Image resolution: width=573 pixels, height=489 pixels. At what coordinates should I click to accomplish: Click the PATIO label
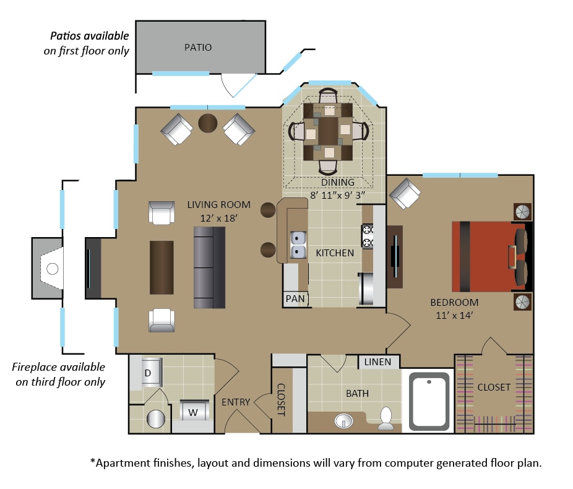[197, 48]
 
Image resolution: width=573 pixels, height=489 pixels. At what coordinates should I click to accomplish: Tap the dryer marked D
[151, 373]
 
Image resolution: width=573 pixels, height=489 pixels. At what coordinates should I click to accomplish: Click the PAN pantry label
[295, 299]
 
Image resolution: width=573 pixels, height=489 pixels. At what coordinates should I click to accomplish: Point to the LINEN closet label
[377, 362]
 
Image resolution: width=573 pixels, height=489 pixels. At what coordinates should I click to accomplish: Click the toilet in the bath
[386, 419]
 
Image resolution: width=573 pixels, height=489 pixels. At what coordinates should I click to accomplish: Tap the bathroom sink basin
[344, 421]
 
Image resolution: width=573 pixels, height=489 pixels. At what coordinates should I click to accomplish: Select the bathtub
[429, 401]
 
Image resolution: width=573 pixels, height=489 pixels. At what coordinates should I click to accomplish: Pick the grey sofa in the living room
[209, 267]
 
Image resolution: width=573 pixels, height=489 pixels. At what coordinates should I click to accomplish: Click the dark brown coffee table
[162, 267]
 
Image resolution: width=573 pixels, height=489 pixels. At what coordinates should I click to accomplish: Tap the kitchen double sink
[298, 244]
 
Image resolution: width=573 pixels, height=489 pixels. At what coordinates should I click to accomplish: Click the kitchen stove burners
[368, 236]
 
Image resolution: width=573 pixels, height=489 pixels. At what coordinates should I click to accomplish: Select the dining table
[328, 132]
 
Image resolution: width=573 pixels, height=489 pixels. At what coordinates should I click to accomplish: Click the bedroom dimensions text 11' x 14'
[454, 316]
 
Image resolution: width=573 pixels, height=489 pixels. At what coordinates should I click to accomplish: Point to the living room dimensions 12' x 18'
[219, 218]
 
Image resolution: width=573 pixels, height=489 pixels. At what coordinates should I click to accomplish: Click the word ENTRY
[236, 402]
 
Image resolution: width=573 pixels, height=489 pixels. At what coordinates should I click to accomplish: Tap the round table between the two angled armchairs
[208, 123]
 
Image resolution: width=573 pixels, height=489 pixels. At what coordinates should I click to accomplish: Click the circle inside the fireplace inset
[53, 269]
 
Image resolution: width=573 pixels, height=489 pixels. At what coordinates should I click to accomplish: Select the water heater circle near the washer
[156, 419]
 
